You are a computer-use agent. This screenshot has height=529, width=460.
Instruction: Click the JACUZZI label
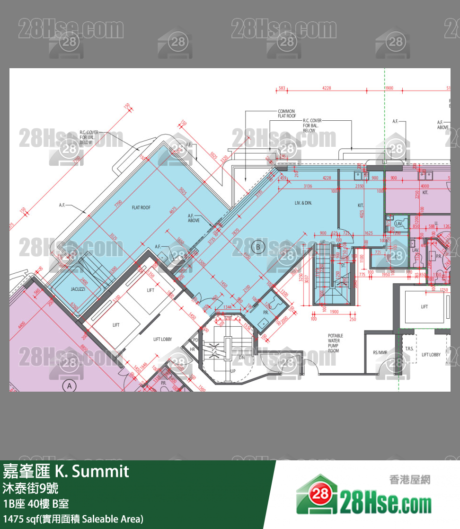78,289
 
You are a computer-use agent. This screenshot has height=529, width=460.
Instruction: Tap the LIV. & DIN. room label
303,203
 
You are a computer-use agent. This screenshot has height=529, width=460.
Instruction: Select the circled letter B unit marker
258,246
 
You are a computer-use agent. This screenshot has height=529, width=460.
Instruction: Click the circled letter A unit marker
70,386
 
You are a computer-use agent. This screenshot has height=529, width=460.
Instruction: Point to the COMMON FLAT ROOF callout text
287,114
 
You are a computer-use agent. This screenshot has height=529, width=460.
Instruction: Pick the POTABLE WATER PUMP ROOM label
336,343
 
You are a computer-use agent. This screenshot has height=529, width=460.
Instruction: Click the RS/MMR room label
380,352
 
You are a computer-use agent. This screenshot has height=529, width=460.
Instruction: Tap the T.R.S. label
409,349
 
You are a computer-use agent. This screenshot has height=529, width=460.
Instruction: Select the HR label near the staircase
193,349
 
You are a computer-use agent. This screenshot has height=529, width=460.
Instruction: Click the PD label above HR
195,340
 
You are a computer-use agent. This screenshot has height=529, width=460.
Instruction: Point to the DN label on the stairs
241,358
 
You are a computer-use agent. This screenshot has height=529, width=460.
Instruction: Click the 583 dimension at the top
282,88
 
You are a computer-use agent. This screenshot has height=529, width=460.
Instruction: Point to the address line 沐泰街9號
31,487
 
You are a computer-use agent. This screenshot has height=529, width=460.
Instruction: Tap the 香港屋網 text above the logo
409,479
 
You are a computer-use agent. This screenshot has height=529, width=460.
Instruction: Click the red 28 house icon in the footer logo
317,495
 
